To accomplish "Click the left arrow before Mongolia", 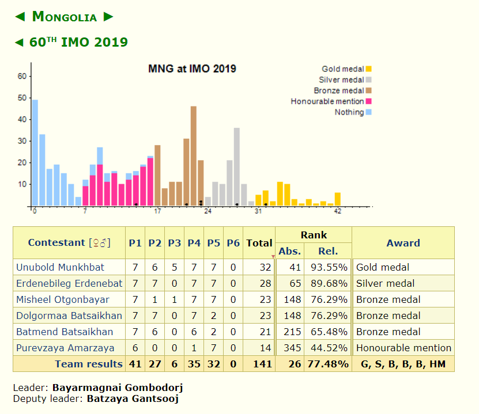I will pyautogui.click(x=20, y=17).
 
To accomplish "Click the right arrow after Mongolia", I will pyautogui.click(x=108, y=17).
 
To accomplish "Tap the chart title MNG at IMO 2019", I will pyautogui.click(x=192, y=69).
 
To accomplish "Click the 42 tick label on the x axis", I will pyautogui.click(x=338, y=211).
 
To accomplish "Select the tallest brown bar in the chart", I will pyautogui.click(x=194, y=155).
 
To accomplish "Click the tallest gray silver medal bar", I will pyautogui.click(x=237, y=166).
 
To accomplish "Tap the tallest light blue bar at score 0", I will pyautogui.click(x=35, y=153).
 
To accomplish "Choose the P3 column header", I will pyautogui.click(x=174, y=243).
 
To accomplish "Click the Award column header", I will pyautogui.click(x=403, y=243).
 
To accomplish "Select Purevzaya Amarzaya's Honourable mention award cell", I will pyautogui.click(x=403, y=348).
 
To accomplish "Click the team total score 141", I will pyautogui.click(x=259, y=364).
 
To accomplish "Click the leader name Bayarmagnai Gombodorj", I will pyautogui.click(x=118, y=388).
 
